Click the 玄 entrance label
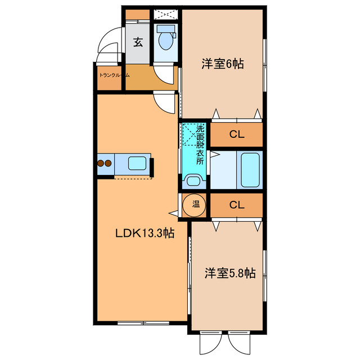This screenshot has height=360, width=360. (x=137, y=41)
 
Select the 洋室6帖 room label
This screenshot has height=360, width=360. (x=222, y=64)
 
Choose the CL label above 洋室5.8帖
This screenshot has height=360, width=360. (x=236, y=205)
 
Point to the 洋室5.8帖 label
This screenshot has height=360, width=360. (x=229, y=273)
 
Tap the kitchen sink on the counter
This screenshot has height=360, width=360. (x=138, y=164)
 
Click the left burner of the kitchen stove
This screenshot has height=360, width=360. (x=101, y=164)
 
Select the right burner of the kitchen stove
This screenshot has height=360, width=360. (x=109, y=164)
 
